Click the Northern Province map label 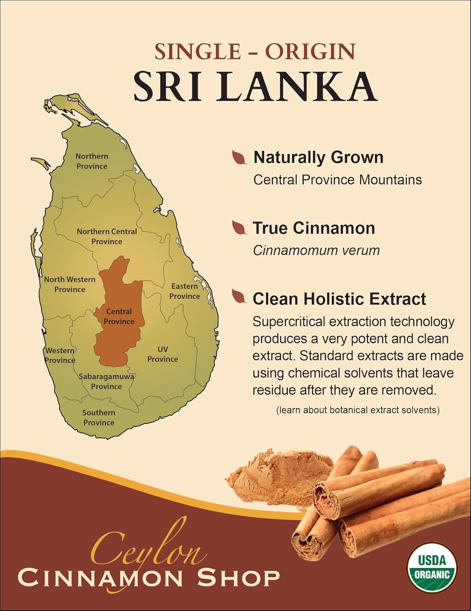tap(92, 161)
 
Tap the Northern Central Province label tap(107, 236)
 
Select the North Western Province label tap(70, 284)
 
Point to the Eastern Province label tap(185, 291)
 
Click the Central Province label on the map tap(119, 316)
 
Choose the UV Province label tap(163, 354)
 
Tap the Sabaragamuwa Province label tap(106, 381)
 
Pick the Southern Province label tap(98, 418)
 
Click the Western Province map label tap(60, 355)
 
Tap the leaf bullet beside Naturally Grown tap(240, 157)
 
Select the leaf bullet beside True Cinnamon tap(240, 228)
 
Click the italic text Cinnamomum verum tap(316, 250)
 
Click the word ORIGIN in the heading tap(310, 51)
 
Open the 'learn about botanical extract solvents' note tap(358, 410)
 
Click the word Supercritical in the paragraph tap(289, 322)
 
